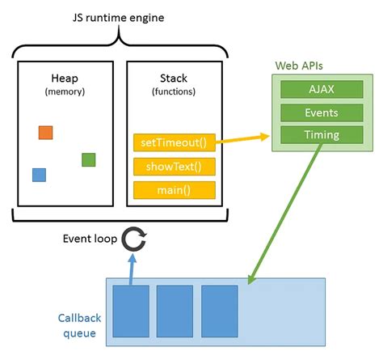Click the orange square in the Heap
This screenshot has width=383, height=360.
[45, 133]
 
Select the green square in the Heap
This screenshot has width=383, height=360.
[89, 160]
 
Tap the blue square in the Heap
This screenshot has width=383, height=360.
[39, 175]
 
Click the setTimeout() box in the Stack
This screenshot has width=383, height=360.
[174, 143]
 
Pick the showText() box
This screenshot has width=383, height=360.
[174, 167]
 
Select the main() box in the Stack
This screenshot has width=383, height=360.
[174, 190]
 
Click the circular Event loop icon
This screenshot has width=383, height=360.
[133, 238]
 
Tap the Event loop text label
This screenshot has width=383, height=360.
[89, 239]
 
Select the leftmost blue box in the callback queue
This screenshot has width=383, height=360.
[129, 310]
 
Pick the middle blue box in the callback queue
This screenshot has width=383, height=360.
[175, 310]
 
